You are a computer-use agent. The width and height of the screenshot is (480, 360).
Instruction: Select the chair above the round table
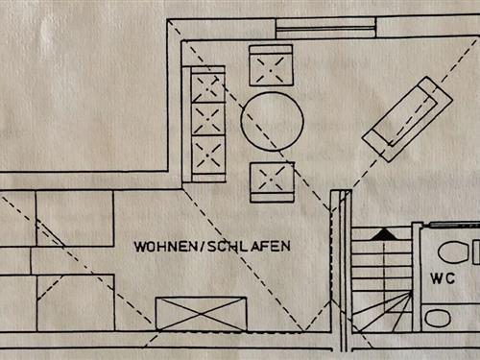click(271, 65)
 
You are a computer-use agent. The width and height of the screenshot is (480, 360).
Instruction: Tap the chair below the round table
click(272, 181)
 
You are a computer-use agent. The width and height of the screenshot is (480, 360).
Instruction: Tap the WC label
click(443, 279)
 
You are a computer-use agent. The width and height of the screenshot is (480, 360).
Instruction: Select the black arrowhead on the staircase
click(382, 233)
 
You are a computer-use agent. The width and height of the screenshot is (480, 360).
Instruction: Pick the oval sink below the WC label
click(440, 318)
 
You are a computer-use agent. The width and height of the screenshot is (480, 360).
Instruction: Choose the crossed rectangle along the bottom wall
click(201, 314)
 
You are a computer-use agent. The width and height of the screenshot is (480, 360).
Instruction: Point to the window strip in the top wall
click(325, 28)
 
